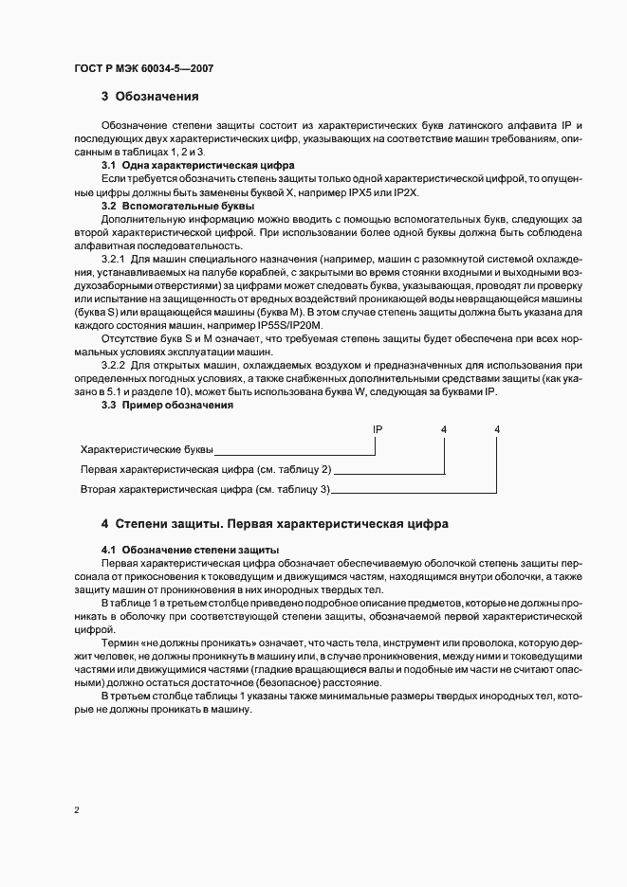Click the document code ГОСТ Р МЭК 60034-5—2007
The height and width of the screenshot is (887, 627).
pos(138,68)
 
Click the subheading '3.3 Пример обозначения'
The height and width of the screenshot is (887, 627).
pos(167,405)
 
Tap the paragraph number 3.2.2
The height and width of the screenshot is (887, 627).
pos(115,365)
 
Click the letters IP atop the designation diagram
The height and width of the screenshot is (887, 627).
pos(378,430)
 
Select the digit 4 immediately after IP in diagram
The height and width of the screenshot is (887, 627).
pos(444,430)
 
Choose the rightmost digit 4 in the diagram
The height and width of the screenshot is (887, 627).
pos(497,430)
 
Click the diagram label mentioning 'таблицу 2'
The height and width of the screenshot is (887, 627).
pos(206,469)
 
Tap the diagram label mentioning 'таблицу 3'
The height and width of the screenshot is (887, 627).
pos(205,489)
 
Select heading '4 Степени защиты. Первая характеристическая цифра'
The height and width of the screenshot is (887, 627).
pos(274,523)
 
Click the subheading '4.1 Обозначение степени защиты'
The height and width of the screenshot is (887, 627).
pos(190,550)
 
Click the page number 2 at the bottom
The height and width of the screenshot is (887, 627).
pos(77,810)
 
